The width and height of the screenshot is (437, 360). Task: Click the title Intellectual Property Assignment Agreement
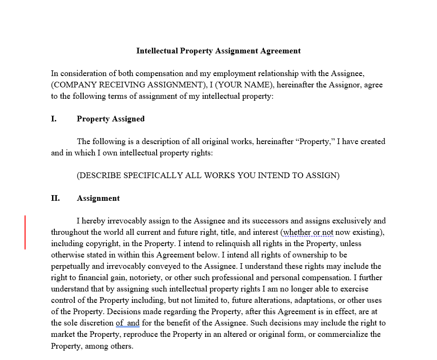click(x=218, y=51)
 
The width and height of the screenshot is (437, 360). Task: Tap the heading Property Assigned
click(x=111, y=119)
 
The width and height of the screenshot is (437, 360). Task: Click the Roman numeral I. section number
click(x=54, y=119)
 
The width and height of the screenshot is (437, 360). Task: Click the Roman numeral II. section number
click(x=55, y=198)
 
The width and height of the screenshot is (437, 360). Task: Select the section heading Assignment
click(x=98, y=198)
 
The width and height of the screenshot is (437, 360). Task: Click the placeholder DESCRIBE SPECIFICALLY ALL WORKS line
click(x=208, y=176)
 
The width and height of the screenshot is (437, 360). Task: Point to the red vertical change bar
click(x=25, y=232)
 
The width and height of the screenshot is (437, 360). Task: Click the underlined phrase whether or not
click(x=308, y=232)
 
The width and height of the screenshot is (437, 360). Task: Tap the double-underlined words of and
click(x=128, y=323)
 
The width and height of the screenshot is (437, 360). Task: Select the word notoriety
click(x=152, y=278)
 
